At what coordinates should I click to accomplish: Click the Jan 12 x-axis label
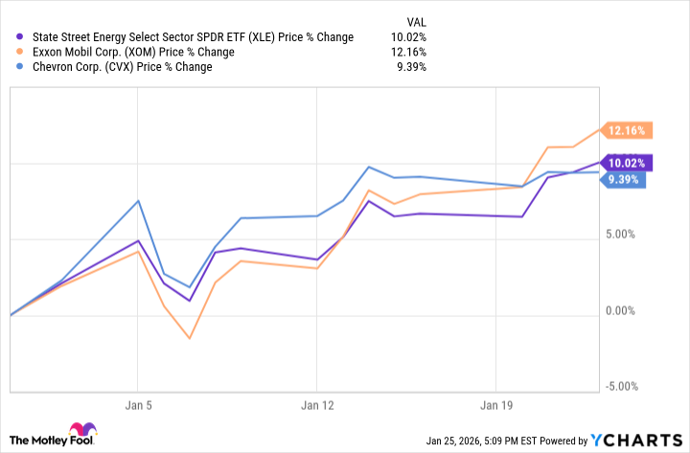[x=317, y=404]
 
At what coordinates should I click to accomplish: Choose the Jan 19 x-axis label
[x=495, y=404]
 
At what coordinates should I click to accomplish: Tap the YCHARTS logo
[x=637, y=441]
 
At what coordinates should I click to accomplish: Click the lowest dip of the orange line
[x=190, y=338]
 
